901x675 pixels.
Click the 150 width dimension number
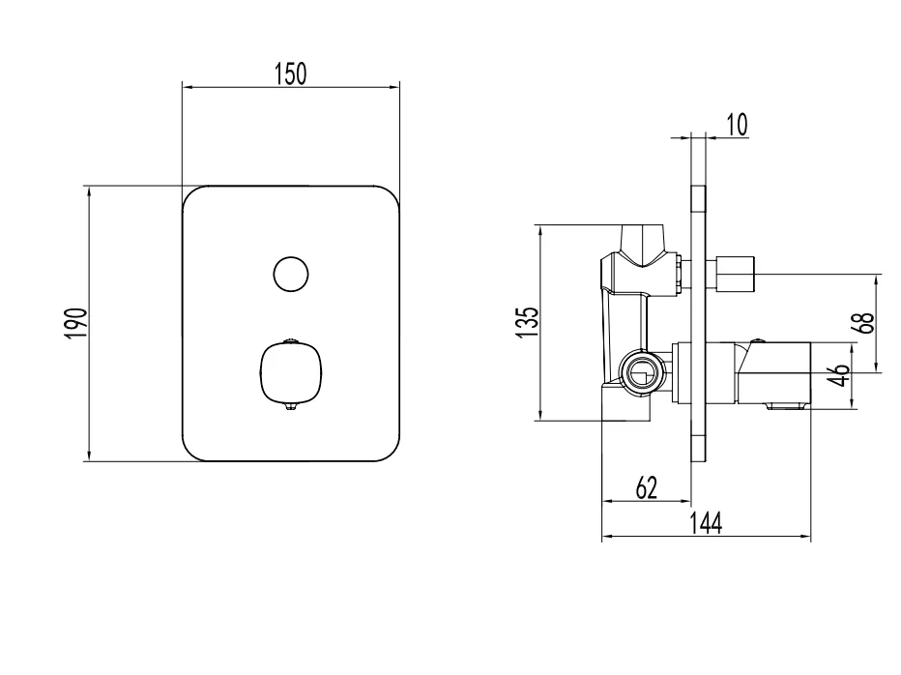point(290,73)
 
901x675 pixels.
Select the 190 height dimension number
point(76,323)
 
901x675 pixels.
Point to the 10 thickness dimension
point(736,125)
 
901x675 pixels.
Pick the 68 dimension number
point(865,323)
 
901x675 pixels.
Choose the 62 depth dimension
point(646,488)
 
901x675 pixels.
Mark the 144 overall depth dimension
point(706,522)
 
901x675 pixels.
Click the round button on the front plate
point(290,275)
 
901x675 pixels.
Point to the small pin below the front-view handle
point(290,409)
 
